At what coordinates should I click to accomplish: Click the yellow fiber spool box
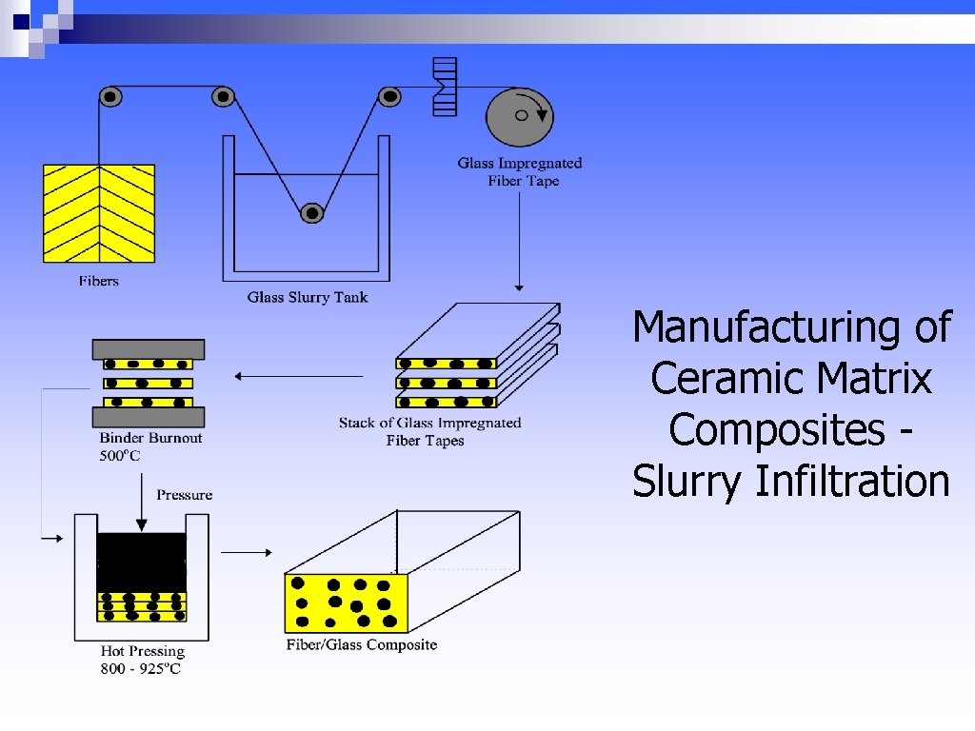(99, 213)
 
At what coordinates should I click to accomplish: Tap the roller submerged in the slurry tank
(311, 214)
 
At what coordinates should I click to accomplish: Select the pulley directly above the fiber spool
(110, 96)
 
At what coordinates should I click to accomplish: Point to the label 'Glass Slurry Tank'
(308, 297)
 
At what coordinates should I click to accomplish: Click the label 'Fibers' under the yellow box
(99, 281)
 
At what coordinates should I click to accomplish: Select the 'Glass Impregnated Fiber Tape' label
(520, 172)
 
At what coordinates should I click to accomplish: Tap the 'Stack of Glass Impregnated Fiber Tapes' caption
(429, 431)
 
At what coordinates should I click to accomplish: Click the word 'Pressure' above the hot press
(185, 494)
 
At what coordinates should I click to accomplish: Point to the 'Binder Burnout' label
(150, 439)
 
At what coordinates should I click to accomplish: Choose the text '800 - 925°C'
(140, 669)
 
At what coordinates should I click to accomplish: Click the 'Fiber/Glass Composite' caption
(362, 644)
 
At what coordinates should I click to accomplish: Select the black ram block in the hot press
(142, 562)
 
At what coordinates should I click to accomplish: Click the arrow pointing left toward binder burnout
(299, 377)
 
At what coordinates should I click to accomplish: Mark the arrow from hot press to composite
(247, 551)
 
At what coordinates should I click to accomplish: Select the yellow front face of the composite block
(347, 603)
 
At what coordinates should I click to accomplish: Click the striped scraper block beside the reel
(444, 88)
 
